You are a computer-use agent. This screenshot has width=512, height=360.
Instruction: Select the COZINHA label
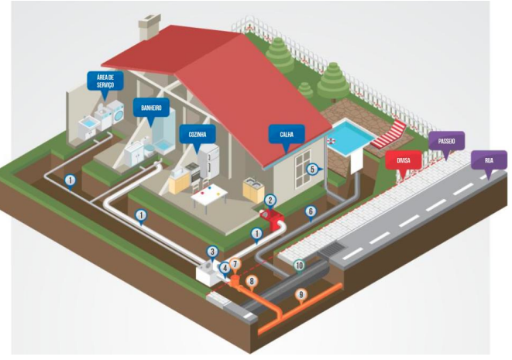(196, 134)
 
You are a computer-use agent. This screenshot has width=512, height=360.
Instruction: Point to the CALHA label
(286, 134)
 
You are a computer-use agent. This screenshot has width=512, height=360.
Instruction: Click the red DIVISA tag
(403, 161)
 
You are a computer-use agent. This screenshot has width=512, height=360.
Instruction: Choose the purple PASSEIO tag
(446, 140)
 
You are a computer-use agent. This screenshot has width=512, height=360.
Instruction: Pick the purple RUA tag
(488, 160)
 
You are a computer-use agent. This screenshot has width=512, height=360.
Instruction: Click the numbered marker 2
(270, 200)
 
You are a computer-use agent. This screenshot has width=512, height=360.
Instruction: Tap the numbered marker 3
(212, 250)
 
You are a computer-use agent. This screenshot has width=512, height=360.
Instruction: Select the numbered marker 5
(312, 169)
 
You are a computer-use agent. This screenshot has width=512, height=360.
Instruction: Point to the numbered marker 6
(311, 211)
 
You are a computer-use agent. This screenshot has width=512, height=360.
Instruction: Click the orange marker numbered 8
(250, 281)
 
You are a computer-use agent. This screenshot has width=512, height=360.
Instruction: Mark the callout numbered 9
(301, 294)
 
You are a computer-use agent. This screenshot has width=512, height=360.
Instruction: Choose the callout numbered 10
(299, 265)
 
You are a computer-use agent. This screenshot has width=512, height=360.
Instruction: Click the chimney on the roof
(147, 28)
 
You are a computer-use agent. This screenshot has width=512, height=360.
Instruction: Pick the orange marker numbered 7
(235, 265)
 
